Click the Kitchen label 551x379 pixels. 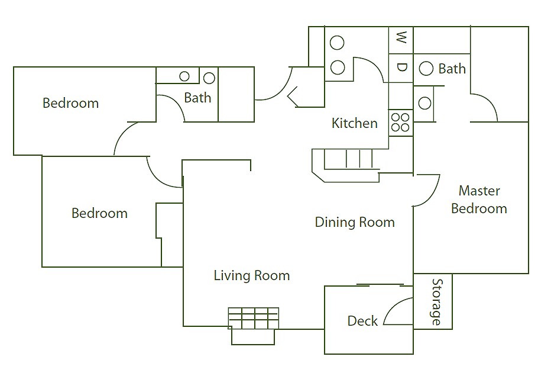coord(355,123)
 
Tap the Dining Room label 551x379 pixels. coord(355,223)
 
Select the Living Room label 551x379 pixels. coord(252,275)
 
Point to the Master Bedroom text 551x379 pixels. coord(479,200)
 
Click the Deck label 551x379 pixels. coord(362,321)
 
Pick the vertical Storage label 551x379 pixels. coord(437,302)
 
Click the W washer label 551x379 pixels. coord(401,37)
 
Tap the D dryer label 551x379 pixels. coord(401,67)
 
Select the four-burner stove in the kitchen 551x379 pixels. coord(401,123)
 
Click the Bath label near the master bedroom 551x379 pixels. coord(452,69)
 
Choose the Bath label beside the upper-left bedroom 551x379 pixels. coord(198,98)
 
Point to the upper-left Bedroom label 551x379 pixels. coord(70,103)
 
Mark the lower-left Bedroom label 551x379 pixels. coord(99,213)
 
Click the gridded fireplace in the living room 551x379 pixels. coord(254,319)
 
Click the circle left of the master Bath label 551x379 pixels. coord(426,68)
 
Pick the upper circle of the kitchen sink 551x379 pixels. coord(338,43)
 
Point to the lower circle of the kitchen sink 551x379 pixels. coord(338,68)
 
